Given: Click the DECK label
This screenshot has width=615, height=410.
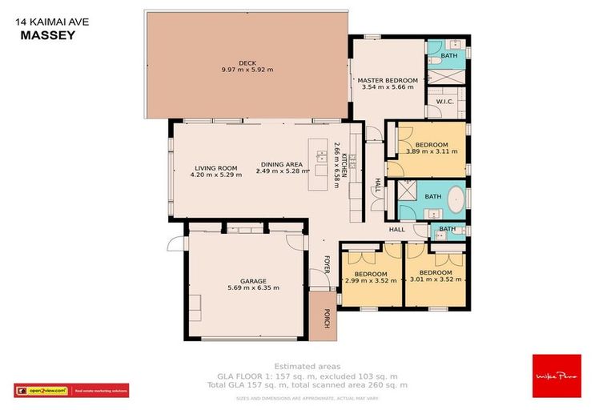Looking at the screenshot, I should pyautogui.click(x=247, y=62).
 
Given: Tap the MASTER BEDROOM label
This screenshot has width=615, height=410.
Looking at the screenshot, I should pyautogui.click(x=388, y=80).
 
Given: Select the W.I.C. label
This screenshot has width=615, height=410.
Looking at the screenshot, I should pyautogui.click(x=444, y=102).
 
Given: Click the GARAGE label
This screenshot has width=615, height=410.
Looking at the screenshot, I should pyautogui.click(x=247, y=281).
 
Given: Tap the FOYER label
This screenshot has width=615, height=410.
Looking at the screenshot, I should pyautogui.click(x=327, y=264).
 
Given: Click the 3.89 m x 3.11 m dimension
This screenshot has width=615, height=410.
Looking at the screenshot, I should pyautogui.click(x=432, y=151).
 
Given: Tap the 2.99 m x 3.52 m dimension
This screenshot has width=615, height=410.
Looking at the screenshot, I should pyautogui.click(x=371, y=280).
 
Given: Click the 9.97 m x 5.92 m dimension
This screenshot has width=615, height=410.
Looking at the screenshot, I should pyautogui.click(x=247, y=70).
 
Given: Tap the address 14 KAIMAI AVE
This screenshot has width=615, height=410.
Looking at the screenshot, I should pyautogui.click(x=52, y=23).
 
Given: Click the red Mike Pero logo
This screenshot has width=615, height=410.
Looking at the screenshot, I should pyautogui.click(x=556, y=376).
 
